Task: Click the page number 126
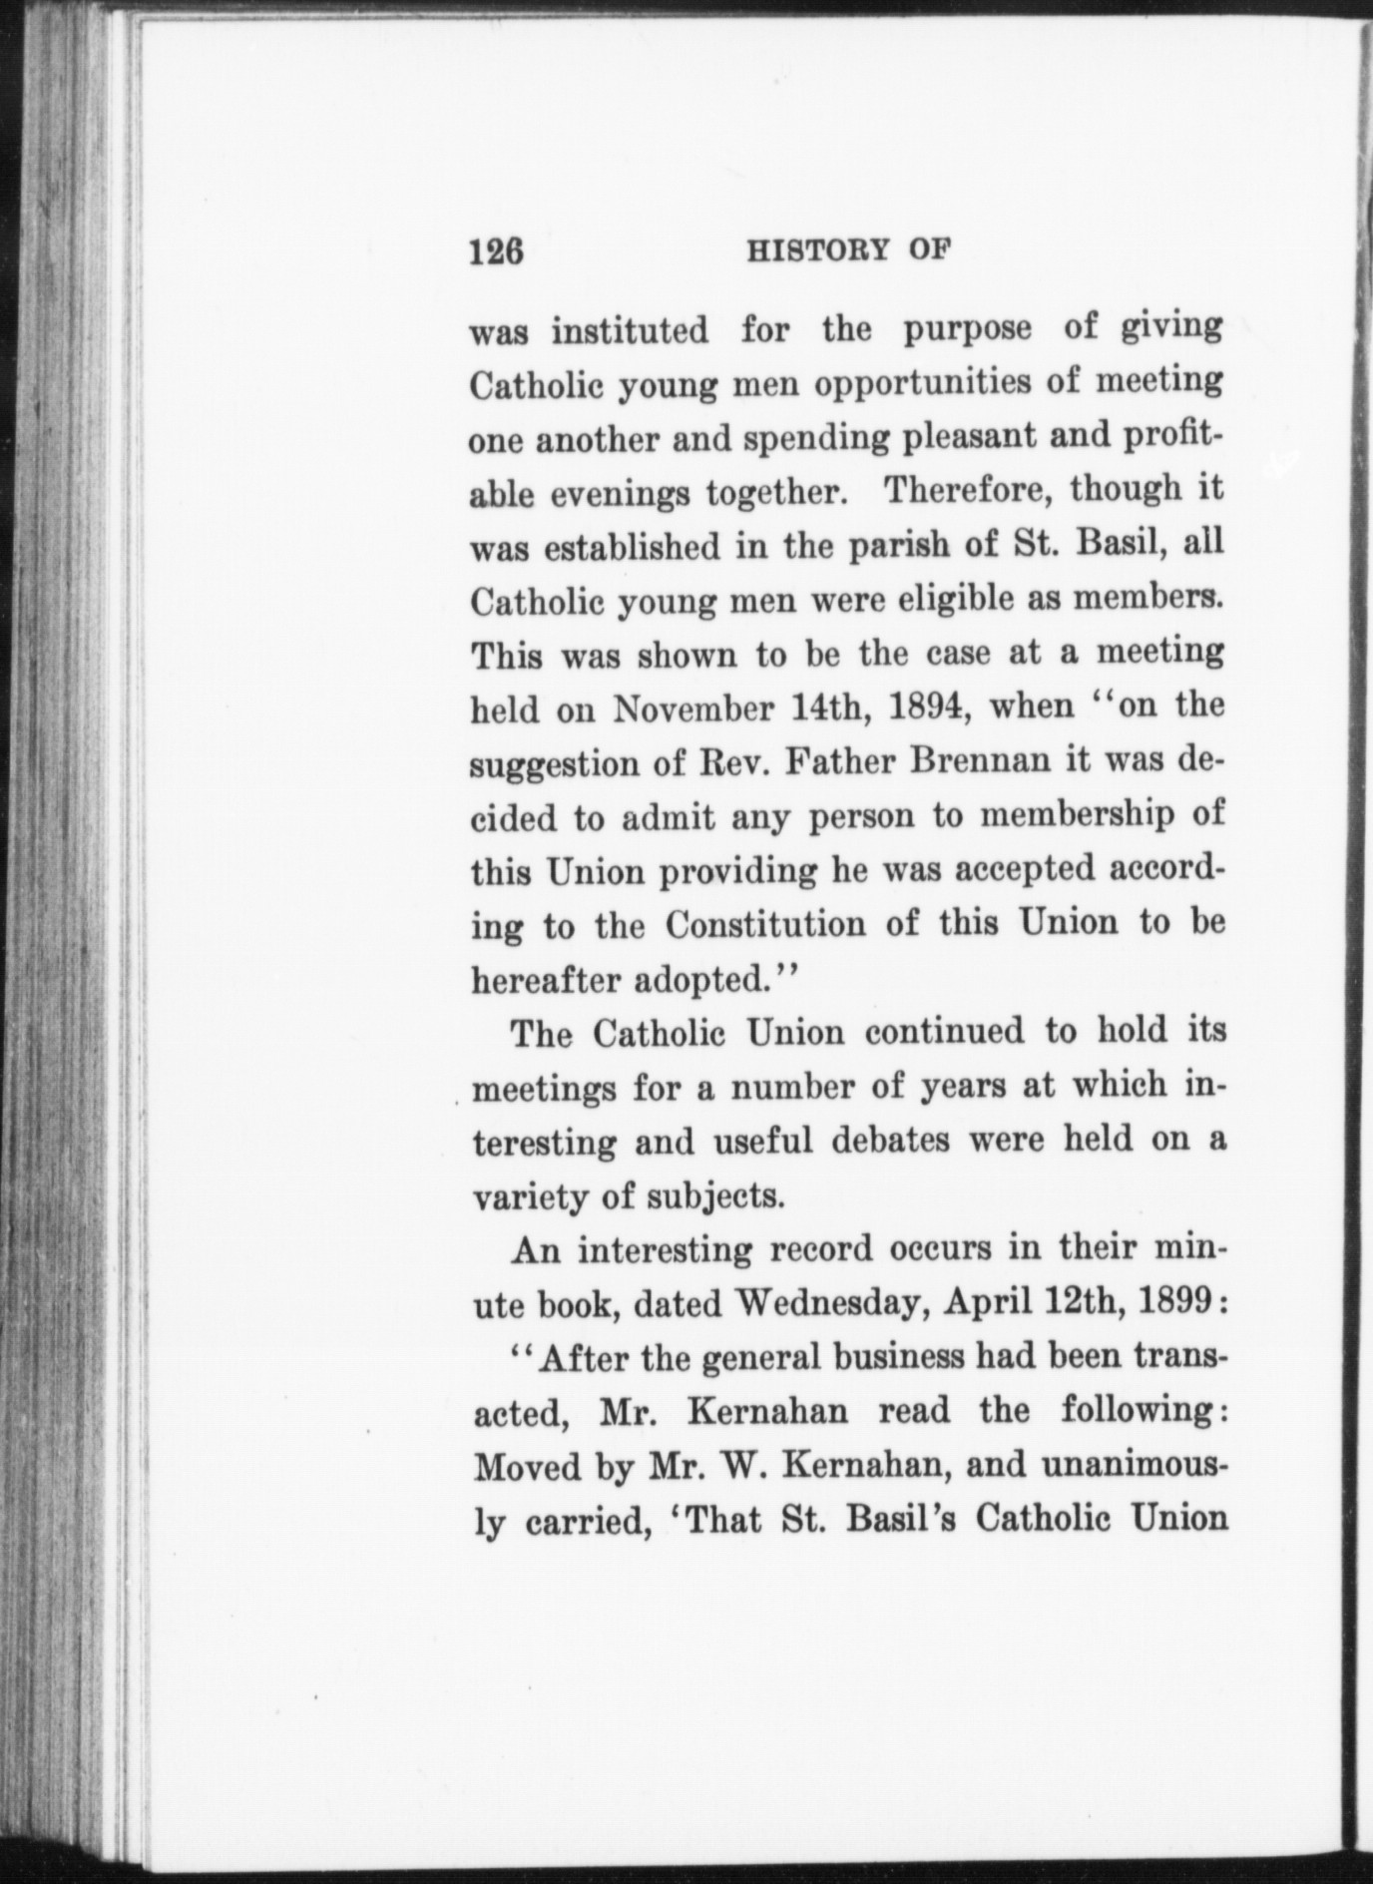(x=496, y=250)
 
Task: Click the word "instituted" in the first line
(x=630, y=330)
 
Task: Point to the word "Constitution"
(x=765, y=925)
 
